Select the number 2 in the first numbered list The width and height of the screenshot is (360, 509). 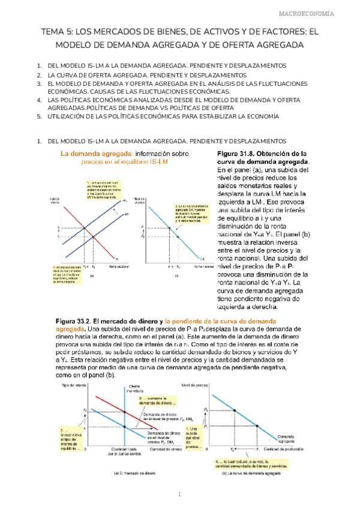click(x=39, y=74)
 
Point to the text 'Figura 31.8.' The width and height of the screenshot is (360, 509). click(x=239, y=154)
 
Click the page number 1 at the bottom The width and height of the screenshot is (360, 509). click(x=179, y=495)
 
